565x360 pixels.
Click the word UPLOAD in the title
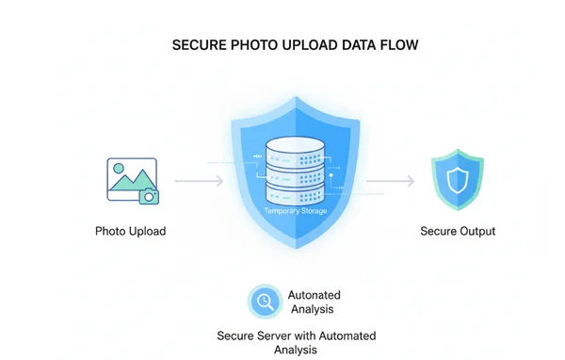click(x=312, y=44)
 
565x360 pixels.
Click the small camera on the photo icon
click(x=148, y=195)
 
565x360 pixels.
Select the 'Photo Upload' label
click(x=130, y=231)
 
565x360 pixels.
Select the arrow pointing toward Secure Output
click(x=388, y=179)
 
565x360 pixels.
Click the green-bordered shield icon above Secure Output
click(x=457, y=179)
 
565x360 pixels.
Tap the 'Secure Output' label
click(x=457, y=231)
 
